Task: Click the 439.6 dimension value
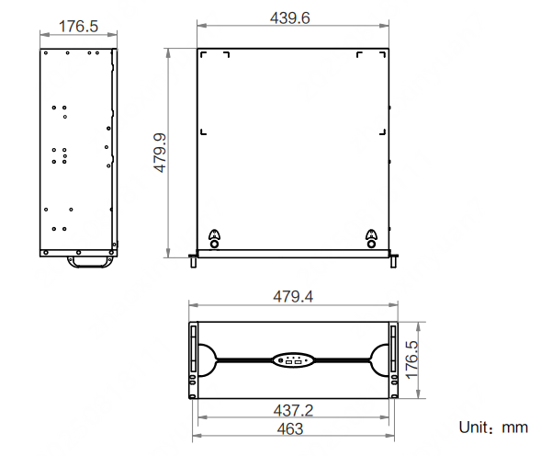pyautogui.click(x=290, y=18)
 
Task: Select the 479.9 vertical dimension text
pyautogui.click(x=160, y=153)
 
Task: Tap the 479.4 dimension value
pyautogui.click(x=293, y=297)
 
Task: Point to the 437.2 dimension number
pyautogui.click(x=293, y=411)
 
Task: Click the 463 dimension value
pyautogui.click(x=290, y=429)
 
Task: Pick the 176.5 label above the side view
pyautogui.click(x=78, y=27)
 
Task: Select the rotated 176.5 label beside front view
pyautogui.click(x=411, y=360)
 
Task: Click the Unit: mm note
pyautogui.click(x=493, y=427)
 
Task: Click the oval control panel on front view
pyautogui.click(x=293, y=360)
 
